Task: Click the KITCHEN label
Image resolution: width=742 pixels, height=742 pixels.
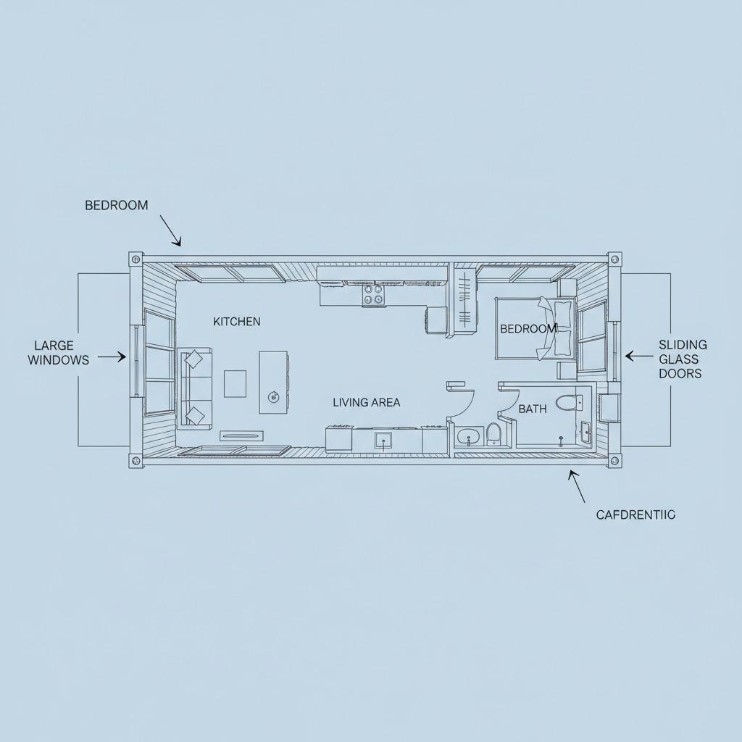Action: [237, 322]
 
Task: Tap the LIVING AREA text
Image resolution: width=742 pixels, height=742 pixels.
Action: [366, 402]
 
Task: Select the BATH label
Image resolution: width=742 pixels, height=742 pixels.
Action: [533, 409]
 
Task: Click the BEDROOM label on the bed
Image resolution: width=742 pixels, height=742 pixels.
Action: [528, 329]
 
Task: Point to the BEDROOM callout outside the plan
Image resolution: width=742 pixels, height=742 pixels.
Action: [116, 205]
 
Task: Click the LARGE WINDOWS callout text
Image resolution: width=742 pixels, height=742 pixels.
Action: [59, 353]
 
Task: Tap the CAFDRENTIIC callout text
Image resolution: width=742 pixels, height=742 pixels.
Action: [635, 514]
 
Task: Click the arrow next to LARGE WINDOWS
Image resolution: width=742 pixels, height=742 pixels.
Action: [112, 357]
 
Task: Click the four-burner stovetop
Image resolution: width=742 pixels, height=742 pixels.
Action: [373, 293]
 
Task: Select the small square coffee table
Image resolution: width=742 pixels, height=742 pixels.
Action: [235, 383]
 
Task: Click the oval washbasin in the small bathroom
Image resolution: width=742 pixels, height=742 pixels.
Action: [468, 436]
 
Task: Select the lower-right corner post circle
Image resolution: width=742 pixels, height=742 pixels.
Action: [614, 461]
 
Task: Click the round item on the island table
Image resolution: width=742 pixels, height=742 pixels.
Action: [273, 396]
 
